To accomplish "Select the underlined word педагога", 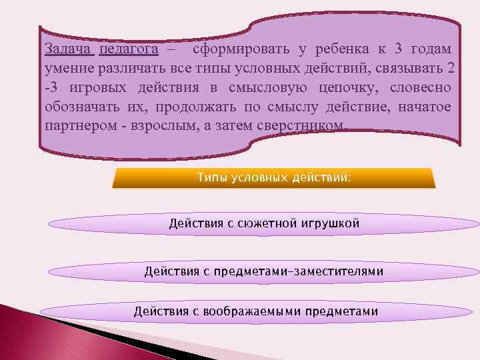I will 128,49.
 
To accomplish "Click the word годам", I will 431,49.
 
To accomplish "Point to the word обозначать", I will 79,107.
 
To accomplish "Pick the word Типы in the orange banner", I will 212,178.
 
